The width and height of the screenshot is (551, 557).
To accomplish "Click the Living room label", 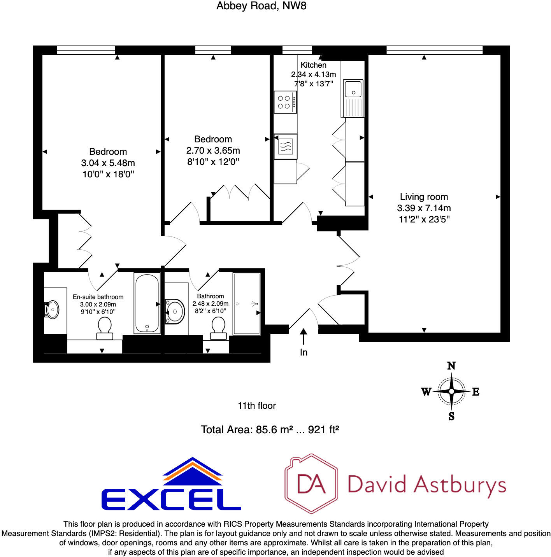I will pos(424,197).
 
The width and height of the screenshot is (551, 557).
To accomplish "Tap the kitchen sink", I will pos(353,89).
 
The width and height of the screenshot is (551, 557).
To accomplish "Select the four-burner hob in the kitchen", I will pos(285,102).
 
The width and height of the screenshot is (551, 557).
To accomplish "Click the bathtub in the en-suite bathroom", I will pos(147,303).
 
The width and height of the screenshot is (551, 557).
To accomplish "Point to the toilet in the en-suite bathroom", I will pos(104,328).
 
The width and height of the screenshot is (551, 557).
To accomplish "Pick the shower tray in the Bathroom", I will pos(246,303).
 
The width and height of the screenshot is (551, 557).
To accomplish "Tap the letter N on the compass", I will pos(451,366).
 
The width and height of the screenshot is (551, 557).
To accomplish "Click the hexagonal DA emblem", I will pos(311,483).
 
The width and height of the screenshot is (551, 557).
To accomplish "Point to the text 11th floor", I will pos(257,406).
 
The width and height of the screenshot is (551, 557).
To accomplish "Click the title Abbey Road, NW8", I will pos(261,6).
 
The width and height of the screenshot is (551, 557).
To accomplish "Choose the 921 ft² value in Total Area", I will pos(323,430).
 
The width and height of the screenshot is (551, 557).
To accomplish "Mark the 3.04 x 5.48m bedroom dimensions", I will pos(108,163).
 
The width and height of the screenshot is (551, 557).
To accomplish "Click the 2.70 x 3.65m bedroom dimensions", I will pos(213,151).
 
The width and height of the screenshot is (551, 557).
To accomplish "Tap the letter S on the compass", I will pos(451,417).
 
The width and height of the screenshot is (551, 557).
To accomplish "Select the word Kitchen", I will pos(313,65).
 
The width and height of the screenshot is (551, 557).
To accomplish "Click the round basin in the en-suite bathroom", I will pos(53,310).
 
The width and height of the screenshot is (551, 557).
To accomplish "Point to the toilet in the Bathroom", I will pos(218,328).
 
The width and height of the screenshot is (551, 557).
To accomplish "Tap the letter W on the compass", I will pos(426,392).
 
